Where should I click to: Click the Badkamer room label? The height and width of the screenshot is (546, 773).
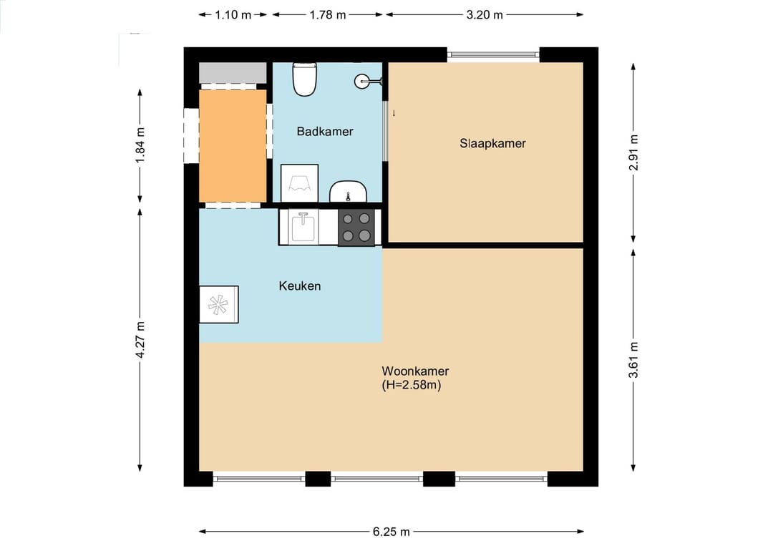point(325,132)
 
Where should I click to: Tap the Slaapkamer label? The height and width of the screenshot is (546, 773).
point(492,143)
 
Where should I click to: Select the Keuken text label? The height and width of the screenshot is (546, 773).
point(300,286)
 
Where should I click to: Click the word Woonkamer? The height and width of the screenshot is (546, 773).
point(415,371)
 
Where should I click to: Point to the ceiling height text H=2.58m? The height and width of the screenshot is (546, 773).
point(411,385)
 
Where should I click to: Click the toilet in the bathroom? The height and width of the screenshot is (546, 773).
point(304,79)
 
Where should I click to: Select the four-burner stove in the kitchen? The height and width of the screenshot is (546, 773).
point(356,227)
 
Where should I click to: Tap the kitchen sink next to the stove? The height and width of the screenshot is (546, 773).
point(303,227)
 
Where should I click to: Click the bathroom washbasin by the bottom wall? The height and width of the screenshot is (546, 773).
point(348,192)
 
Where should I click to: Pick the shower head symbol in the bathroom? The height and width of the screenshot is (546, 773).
point(368,82)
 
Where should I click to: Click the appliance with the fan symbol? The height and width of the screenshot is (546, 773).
point(218,305)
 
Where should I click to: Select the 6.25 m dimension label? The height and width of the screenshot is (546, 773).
point(391,532)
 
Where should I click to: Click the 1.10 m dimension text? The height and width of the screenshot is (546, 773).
point(233,15)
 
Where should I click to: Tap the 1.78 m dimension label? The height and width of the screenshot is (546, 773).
point(328,15)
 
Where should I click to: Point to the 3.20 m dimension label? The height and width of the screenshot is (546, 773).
point(485,15)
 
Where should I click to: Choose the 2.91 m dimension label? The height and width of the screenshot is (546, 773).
point(633,152)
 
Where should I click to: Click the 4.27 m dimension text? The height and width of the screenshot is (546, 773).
point(140,340)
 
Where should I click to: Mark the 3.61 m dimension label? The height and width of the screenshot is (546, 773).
point(633,360)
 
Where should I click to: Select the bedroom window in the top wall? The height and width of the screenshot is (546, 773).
point(493,54)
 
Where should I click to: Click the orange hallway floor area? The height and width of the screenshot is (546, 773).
point(233,146)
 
